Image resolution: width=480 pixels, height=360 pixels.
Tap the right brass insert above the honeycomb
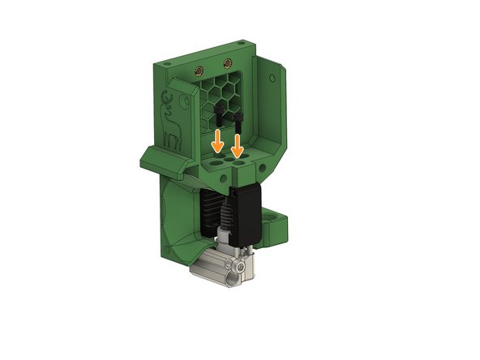pos(229,62)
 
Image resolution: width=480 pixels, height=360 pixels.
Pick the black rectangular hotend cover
pos(244,215)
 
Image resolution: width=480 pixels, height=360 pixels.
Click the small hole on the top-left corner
pos(165,62)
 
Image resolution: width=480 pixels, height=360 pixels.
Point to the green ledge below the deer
pos(166,160)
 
